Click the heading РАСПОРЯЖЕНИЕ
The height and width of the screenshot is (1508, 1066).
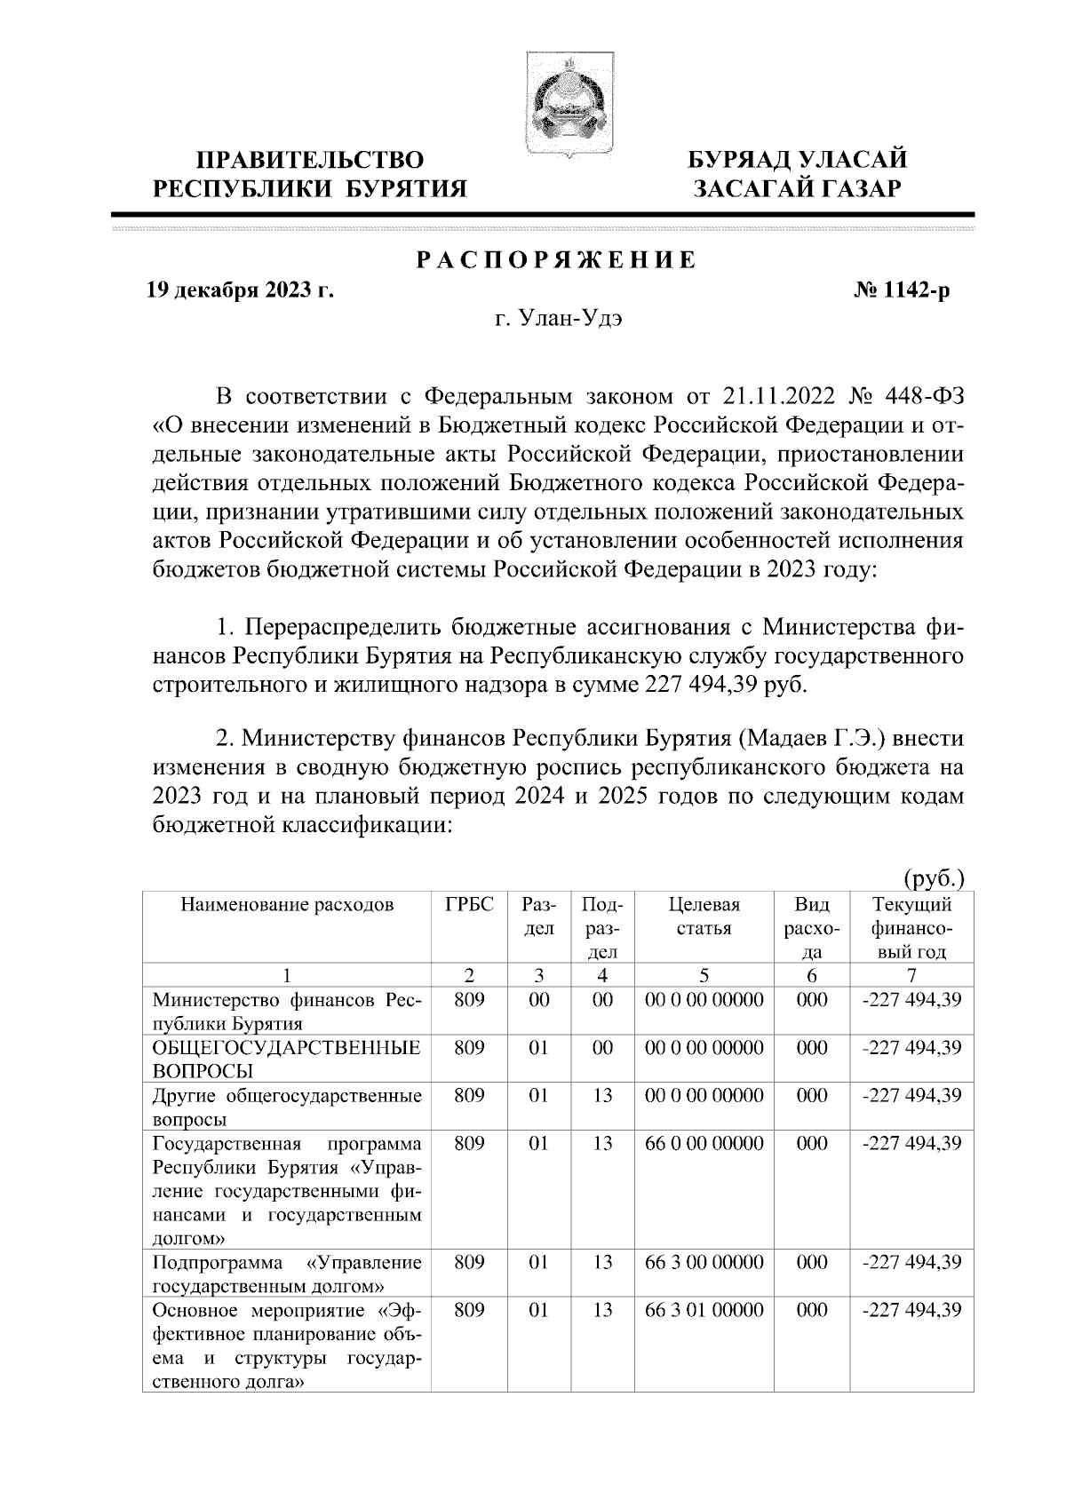point(556,261)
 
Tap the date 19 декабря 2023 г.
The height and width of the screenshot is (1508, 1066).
point(240,290)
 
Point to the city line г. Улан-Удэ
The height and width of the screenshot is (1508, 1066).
point(559,320)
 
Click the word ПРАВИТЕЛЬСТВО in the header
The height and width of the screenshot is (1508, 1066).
point(310,161)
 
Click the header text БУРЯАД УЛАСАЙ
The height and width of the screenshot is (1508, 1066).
point(799,161)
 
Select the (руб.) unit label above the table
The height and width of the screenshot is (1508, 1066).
point(933,879)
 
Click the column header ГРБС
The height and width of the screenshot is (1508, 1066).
point(469,906)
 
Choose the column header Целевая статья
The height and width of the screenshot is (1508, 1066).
point(704,917)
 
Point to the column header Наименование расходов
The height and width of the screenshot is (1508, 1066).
point(287,906)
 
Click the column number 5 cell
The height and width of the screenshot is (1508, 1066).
point(704,975)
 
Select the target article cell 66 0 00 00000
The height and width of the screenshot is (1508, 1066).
point(704,1144)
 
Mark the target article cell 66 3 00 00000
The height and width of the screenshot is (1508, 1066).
point(704,1263)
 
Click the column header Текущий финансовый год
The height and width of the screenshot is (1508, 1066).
point(912,928)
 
